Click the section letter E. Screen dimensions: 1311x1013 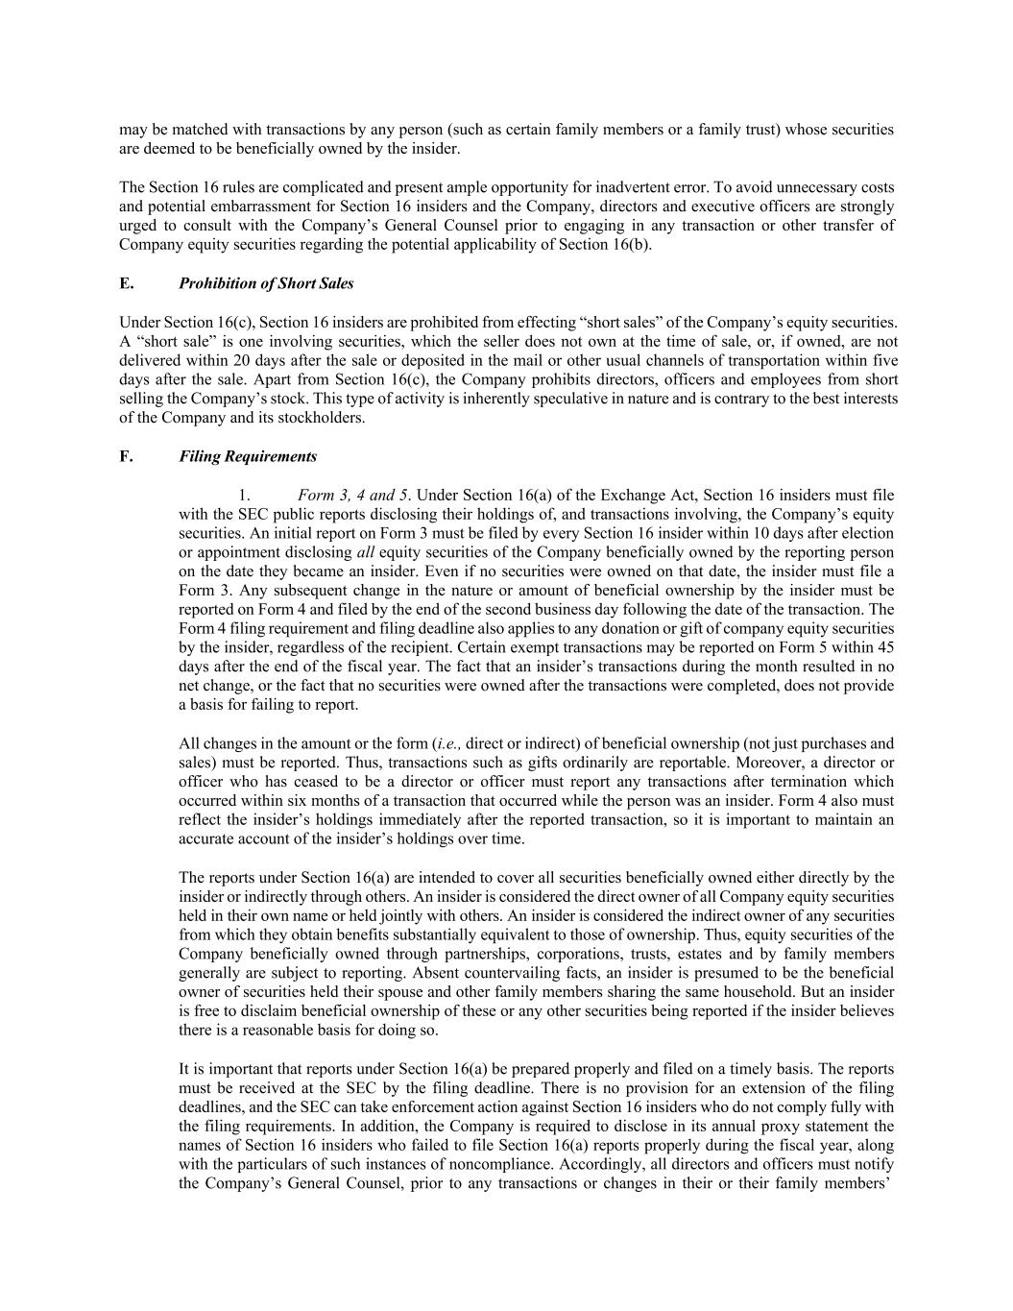pos(125,283)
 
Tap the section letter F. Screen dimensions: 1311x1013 pos(125,456)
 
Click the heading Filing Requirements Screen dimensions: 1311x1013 pos(248,456)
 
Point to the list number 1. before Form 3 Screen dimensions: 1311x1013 pos(245,496)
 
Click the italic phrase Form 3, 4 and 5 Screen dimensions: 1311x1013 pos(352,496)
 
